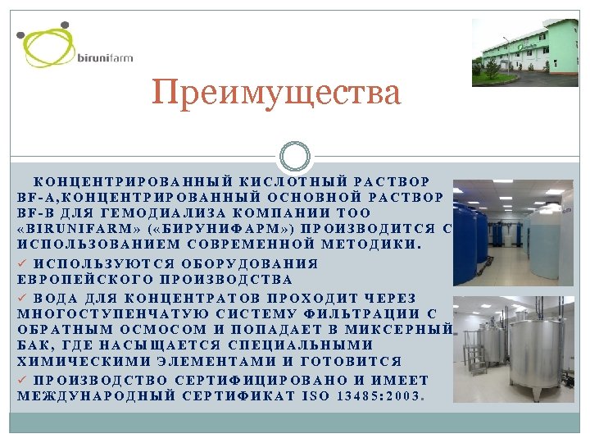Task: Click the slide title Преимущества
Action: (277, 93)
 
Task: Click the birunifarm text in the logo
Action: (104, 57)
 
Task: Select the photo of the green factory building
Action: (524, 53)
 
